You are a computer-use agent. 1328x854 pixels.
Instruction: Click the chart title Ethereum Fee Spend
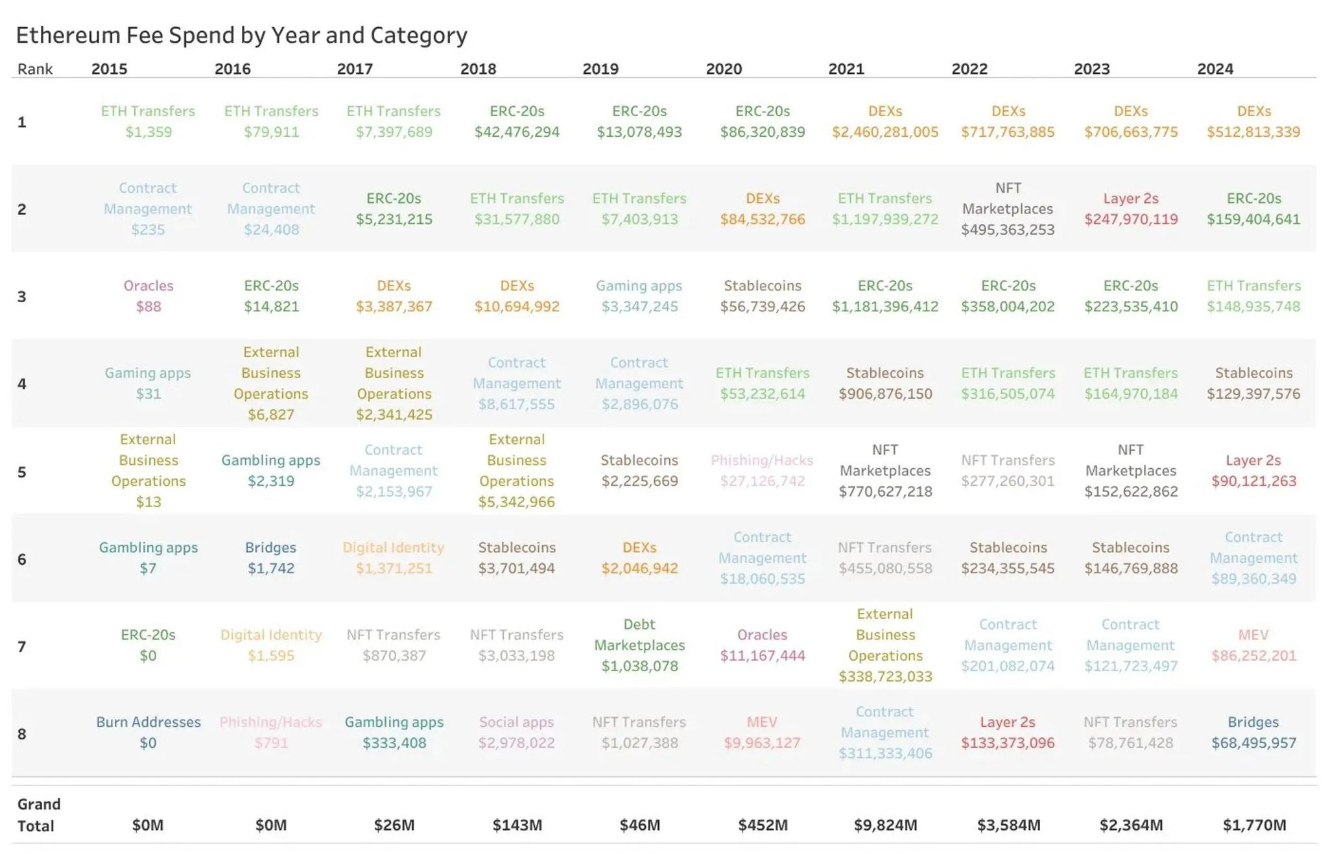[x=241, y=35]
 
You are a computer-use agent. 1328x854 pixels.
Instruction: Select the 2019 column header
[x=600, y=69]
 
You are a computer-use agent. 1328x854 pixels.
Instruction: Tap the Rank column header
[x=35, y=69]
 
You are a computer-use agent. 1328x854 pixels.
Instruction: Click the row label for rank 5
[x=22, y=471]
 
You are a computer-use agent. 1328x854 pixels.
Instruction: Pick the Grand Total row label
[x=38, y=814]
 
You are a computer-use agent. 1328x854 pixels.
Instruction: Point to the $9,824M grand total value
[x=885, y=825]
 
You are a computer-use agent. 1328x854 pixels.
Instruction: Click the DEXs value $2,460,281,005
[x=885, y=132]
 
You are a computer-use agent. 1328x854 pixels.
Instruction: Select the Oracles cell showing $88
[x=148, y=296]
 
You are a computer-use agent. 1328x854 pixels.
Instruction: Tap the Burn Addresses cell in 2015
[x=148, y=732]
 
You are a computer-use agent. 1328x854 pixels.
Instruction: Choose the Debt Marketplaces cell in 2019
[x=639, y=645]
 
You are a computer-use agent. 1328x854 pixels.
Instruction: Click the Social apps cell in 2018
[x=517, y=732]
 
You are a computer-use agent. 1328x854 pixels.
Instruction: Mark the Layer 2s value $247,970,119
[x=1131, y=219]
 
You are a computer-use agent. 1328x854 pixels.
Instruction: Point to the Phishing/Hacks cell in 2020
[x=762, y=470]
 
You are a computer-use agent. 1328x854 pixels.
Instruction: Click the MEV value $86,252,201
[x=1253, y=656]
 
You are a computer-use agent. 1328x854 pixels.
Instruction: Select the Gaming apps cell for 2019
[x=639, y=296]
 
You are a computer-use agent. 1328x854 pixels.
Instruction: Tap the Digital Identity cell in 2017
[x=394, y=558]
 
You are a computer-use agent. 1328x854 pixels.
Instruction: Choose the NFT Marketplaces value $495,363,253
[x=1008, y=230]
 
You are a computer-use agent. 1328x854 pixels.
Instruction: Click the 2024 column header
[x=1215, y=69]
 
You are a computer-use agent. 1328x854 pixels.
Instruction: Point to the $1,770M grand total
[x=1254, y=825]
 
